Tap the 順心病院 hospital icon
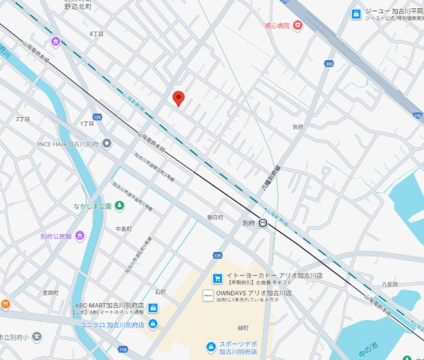pos(298,25)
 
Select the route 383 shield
pos(329,64)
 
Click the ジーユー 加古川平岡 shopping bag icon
pos(356,13)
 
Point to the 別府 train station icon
pos(263,223)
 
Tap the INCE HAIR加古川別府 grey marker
pos(107,143)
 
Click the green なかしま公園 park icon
pos(119,205)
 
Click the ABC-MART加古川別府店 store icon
pos(153,308)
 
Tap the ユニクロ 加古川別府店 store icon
pos(153,324)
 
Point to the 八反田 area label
pos(389,284)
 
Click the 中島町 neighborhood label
pos(124,228)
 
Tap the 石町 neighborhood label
pos(161,292)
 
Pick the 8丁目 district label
pos(96,34)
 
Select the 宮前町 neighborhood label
pos(50,292)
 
